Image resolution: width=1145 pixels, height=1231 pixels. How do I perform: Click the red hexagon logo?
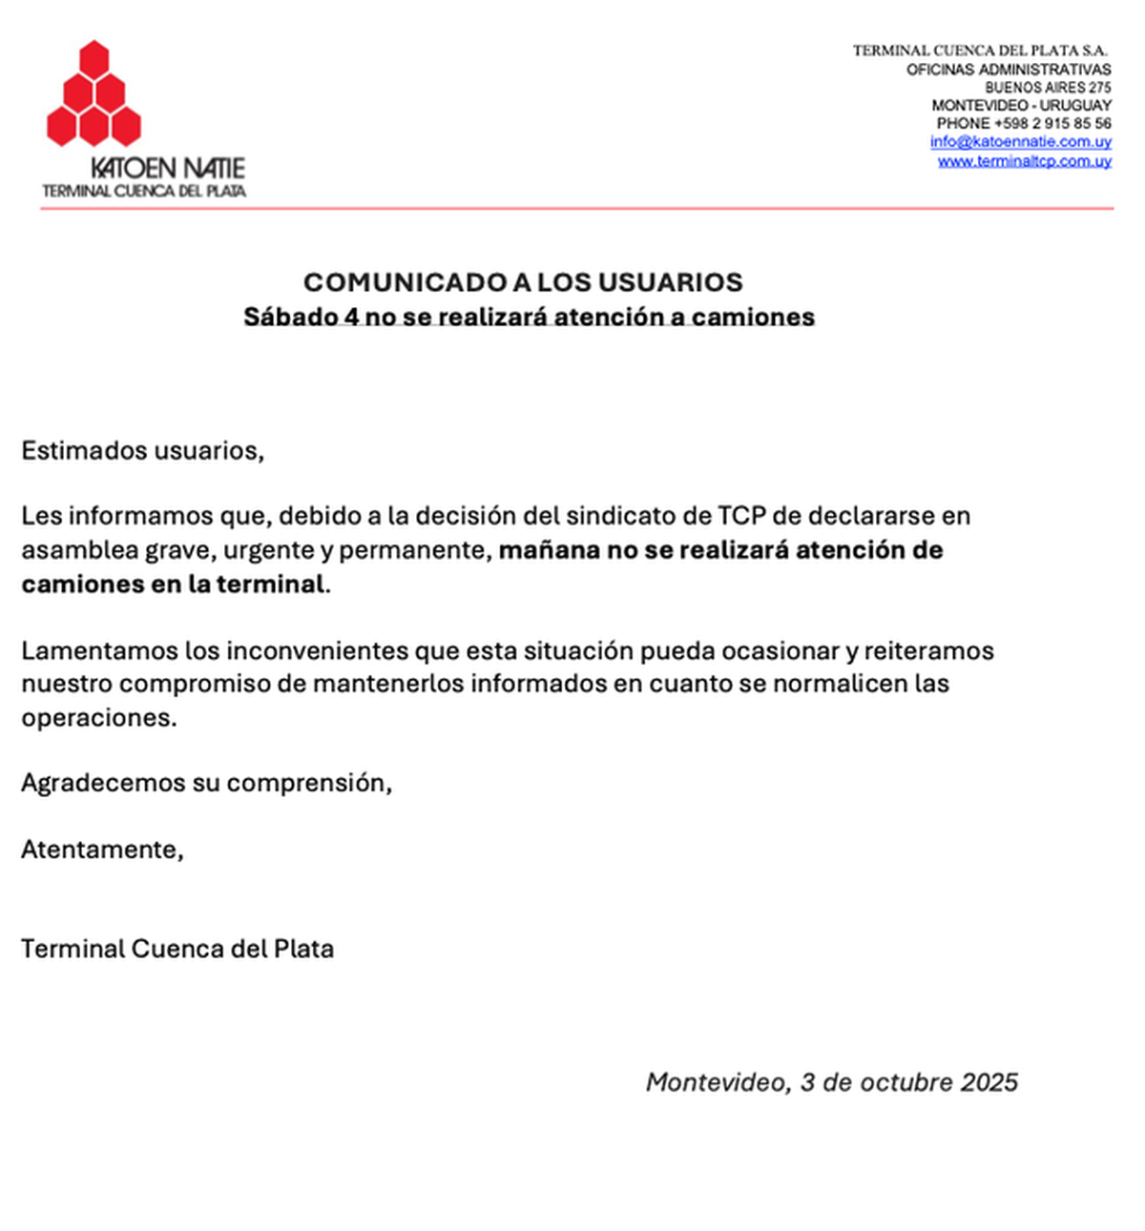point(94,94)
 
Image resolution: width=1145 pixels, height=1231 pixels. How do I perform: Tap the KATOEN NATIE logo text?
point(168,169)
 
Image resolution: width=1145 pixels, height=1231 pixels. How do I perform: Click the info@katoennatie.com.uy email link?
point(1020,142)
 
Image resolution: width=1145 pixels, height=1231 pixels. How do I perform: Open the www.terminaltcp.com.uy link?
point(1024,161)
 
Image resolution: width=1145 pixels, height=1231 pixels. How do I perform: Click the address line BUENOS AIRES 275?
point(1048,88)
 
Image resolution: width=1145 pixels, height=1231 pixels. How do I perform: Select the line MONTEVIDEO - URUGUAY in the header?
point(1021,106)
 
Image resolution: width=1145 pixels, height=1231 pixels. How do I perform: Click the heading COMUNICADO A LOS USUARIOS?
point(523,282)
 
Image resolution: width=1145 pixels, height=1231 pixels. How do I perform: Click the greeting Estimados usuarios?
point(142,451)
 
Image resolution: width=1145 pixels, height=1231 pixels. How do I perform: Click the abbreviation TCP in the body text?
point(741,516)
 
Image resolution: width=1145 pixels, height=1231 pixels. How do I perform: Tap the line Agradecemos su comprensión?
point(206,784)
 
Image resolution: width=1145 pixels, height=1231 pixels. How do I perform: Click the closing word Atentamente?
point(101,850)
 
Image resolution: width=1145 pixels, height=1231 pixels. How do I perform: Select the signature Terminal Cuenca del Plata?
point(177,950)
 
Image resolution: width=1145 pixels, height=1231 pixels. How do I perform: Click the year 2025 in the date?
point(989,1082)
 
